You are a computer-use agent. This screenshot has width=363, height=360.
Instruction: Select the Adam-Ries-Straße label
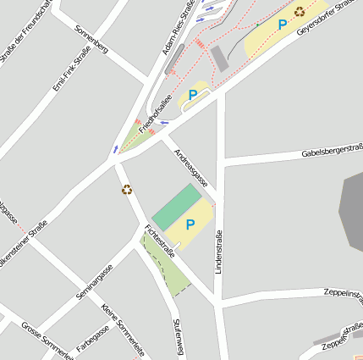[179, 27]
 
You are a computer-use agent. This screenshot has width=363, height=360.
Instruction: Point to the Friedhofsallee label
[155, 114]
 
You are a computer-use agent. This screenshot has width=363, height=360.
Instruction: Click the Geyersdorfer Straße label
[325, 18]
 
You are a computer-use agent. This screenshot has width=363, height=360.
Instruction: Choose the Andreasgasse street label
[190, 168]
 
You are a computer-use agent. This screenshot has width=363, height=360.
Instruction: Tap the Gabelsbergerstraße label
[332, 152]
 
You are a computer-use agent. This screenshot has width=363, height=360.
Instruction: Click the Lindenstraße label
[218, 252]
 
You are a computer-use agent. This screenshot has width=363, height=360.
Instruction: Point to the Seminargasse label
[94, 282]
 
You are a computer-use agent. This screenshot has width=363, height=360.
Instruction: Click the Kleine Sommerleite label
[123, 330]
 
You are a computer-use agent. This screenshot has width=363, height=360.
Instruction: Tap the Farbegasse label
[93, 336]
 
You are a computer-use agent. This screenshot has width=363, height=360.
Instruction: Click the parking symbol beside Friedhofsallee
[193, 95]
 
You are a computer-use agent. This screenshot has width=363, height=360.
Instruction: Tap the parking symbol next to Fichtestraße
[190, 224]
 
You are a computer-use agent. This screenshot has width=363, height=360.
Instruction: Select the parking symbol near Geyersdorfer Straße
[282, 25]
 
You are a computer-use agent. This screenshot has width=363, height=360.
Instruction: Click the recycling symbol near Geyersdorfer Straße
[300, 12]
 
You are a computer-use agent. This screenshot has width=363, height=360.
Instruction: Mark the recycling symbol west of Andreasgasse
[127, 190]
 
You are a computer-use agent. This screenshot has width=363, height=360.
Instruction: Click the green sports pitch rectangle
[178, 206]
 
